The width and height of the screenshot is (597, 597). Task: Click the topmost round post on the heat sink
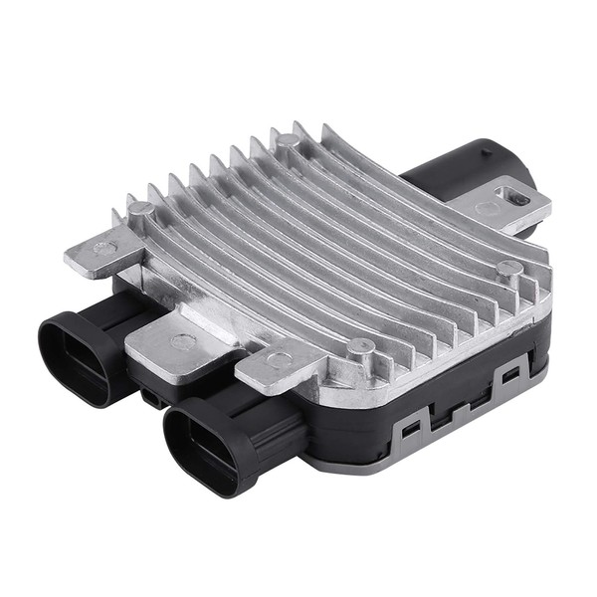tap(286, 140)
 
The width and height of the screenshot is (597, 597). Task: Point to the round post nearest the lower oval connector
tap(361, 347)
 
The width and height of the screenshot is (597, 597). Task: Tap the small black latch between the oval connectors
tap(151, 396)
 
